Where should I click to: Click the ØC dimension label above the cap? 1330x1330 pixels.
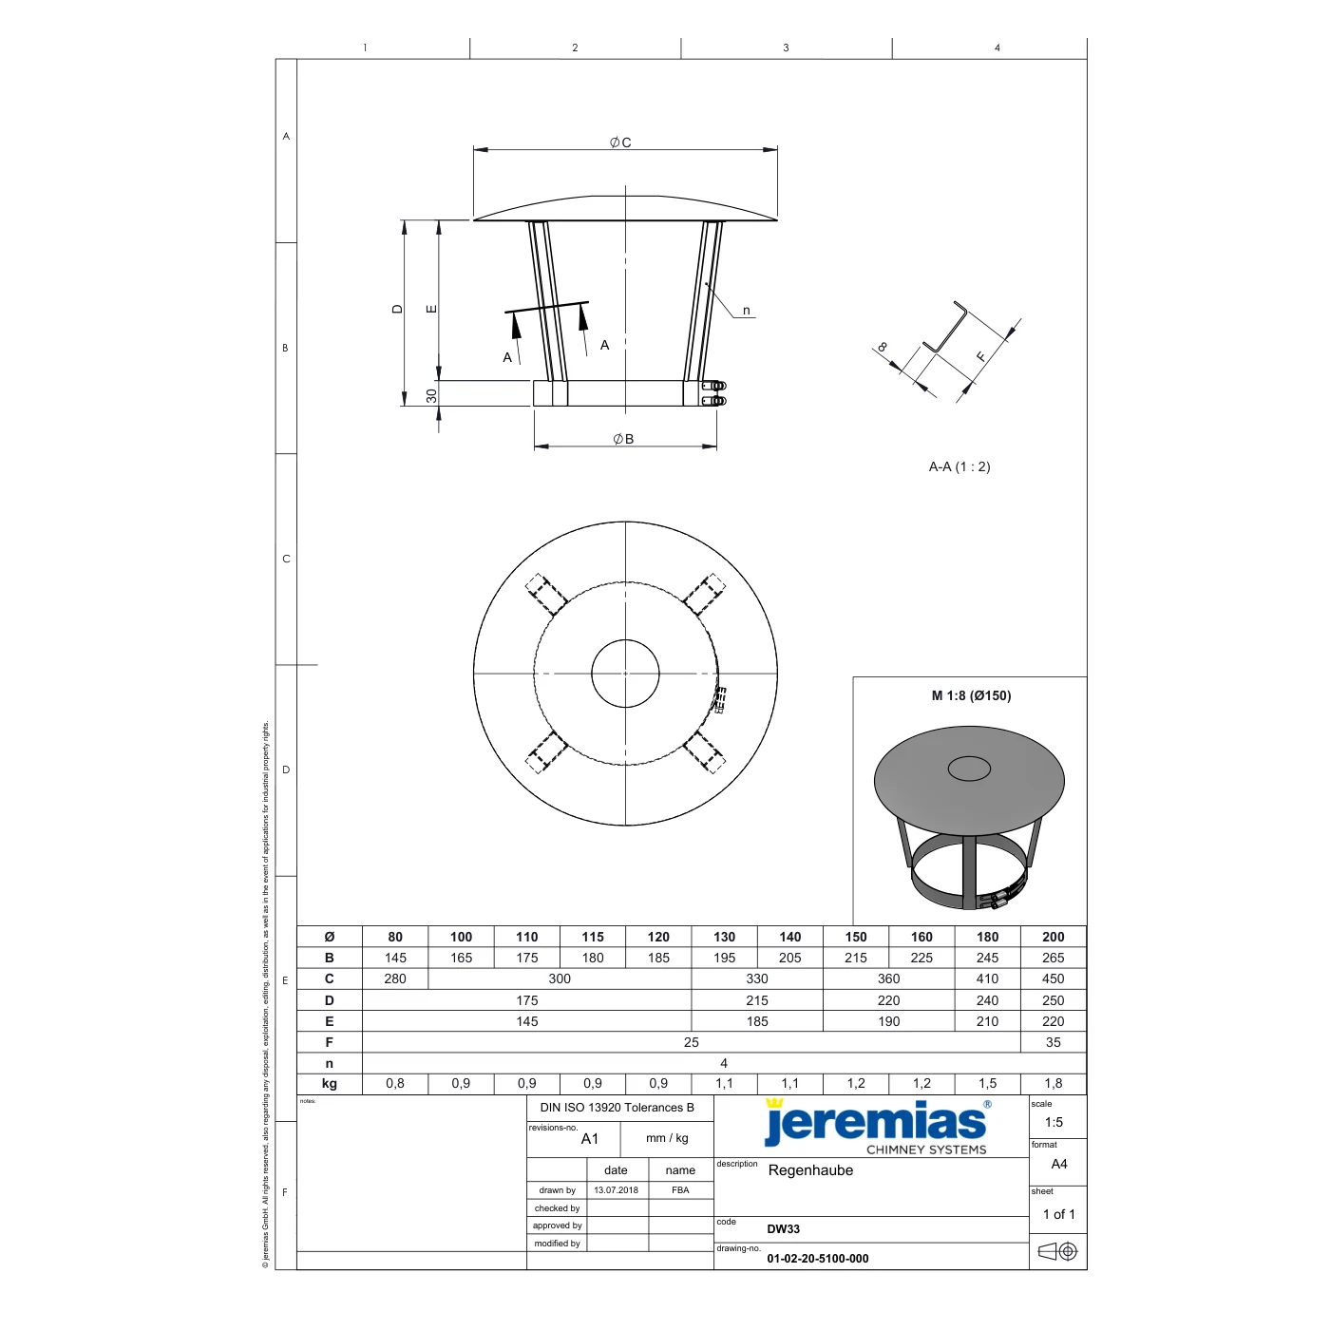tap(619, 142)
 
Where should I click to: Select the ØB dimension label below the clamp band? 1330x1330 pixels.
tap(622, 439)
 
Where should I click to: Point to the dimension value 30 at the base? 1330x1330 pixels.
tap(431, 395)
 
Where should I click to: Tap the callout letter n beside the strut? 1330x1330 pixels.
tap(746, 311)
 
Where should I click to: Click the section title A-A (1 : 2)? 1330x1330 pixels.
tap(959, 466)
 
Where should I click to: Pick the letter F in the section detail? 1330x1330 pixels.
tap(981, 356)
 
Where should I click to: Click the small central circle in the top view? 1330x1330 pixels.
tap(625, 673)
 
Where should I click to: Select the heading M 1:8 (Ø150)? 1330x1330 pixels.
tap(971, 695)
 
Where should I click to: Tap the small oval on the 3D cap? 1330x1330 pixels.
tap(969, 769)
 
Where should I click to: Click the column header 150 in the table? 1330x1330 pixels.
tap(856, 937)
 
